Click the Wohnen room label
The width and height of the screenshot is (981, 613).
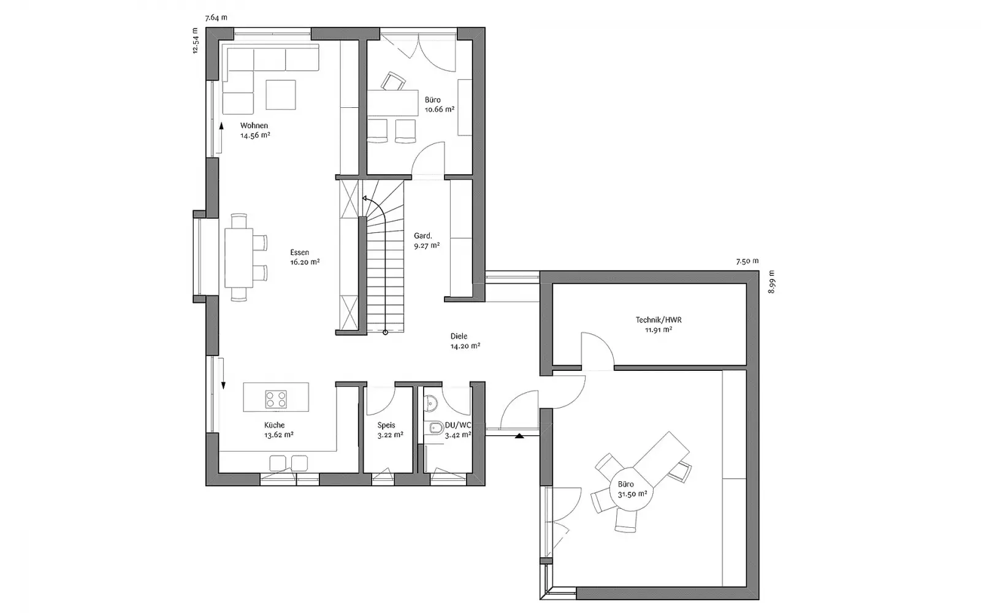point(254,126)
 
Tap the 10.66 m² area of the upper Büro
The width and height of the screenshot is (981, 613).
point(439,110)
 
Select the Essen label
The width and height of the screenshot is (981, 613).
point(300,252)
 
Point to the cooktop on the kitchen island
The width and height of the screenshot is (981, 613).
point(276,399)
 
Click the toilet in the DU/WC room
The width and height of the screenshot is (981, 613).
point(435,428)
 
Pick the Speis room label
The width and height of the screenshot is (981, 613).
point(386,425)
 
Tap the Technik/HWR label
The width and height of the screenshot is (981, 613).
point(658,320)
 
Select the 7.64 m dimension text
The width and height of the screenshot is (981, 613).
point(216,18)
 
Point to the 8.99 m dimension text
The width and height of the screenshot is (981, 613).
point(772,281)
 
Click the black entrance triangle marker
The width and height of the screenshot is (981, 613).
point(519,436)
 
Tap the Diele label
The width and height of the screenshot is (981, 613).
point(459,337)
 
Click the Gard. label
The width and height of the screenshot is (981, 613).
point(423,236)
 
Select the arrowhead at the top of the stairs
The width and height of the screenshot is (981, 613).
point(364,199)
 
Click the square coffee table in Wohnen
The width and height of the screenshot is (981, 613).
point(281,94)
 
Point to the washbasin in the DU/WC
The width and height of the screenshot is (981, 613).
point(430,403)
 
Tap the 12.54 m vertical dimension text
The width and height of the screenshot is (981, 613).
point(196,40)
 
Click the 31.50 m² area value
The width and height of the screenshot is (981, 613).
point(632,494)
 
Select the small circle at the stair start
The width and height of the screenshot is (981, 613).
point(386,333)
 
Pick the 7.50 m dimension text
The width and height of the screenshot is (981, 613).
point(747,261)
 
